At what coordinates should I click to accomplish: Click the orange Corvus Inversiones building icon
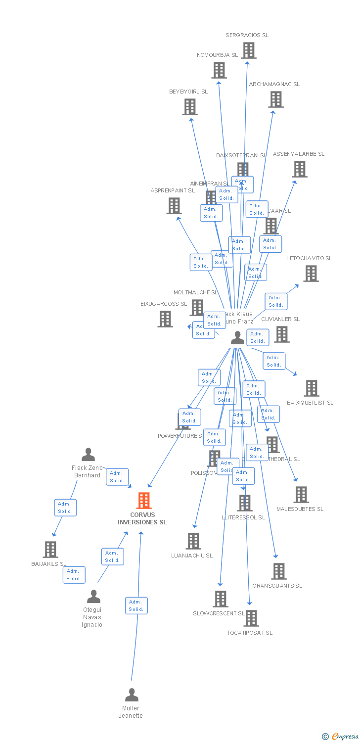(144, 501)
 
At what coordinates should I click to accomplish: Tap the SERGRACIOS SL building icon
(249, 50)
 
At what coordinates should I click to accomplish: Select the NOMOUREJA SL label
(217, 55)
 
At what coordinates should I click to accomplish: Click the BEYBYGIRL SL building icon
(190, 107)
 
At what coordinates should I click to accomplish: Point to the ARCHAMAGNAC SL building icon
(276, 99)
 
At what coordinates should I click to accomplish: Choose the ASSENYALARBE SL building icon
(299, 169)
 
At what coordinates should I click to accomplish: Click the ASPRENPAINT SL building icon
(174, 206)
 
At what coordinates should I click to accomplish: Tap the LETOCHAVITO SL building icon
(311, 274)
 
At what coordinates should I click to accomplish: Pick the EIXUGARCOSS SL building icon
(165, 319)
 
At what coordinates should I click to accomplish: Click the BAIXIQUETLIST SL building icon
(312, 388)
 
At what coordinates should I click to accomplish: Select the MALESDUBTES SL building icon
(301, 495)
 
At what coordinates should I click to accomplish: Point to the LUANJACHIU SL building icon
(193, 541)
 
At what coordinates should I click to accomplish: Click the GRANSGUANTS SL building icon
(279, 571)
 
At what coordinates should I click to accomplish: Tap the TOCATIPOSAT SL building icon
(251, 618)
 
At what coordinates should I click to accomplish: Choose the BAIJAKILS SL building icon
(50, 550)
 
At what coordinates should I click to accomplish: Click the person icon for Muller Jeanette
(132, 695)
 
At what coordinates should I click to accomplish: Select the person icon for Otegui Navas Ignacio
(93, 597)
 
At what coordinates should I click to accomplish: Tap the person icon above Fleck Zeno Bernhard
(89, 455)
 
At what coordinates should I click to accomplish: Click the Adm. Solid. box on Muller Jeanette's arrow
(136, 605)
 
